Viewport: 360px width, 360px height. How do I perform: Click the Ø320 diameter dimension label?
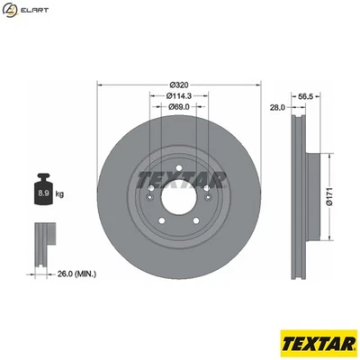(177, 84)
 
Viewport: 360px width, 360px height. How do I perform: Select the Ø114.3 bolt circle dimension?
(177, 95)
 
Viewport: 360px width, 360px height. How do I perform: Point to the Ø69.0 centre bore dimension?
(177, 106)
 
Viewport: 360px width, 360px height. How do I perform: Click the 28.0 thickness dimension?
(277, 106)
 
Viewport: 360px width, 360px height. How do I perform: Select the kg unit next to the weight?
(59, 193)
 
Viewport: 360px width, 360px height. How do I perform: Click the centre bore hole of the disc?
(177, 192)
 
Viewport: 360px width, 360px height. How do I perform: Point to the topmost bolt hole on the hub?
(177, 163)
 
